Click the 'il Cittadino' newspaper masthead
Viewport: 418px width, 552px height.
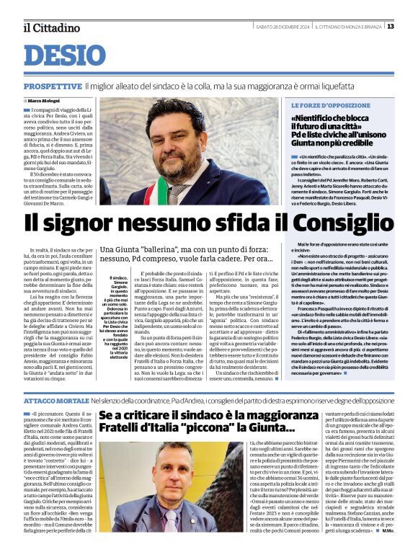coord(51,27)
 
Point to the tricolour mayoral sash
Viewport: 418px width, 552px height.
coord(176,192)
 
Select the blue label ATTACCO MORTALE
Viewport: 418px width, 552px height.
coord(55,399)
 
